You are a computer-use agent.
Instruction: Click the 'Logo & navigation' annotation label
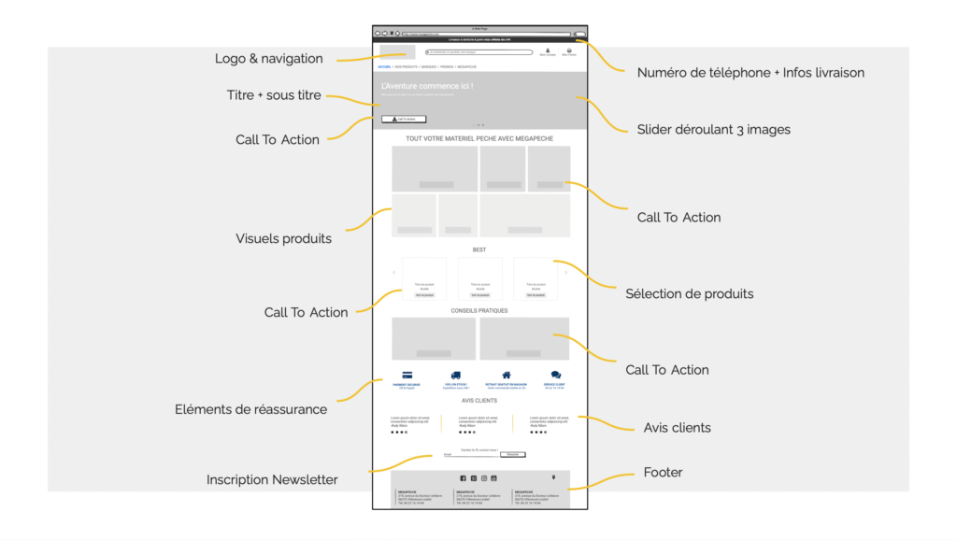click(268, 59)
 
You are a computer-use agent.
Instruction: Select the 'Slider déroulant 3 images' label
click(713, 130)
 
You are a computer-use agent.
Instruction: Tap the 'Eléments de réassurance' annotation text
click(250, 409)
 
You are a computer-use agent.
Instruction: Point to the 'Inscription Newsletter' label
click(272, 480)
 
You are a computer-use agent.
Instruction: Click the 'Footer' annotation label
click(663, 473)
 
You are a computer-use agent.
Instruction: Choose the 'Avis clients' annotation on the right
click(677, 428)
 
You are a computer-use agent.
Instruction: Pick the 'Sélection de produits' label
click(689, 294)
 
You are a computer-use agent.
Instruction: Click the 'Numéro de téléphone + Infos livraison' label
click(750, 73)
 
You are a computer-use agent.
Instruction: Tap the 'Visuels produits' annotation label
click(283, 239)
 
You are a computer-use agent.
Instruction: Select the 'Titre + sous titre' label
click(274, 95)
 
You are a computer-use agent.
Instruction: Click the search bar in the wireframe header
click(478, 52)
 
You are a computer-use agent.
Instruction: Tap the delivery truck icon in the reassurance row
click(455, 376)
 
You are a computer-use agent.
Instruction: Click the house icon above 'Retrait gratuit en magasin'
click(507, 376)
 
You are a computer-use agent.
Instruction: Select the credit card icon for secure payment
click(407, 376)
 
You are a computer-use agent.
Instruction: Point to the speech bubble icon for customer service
click(555, 376)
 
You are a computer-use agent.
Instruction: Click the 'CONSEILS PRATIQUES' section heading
click(479, 310)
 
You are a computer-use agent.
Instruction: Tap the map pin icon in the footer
click(553, 477)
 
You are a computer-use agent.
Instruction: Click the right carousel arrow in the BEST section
click(565, 273)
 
